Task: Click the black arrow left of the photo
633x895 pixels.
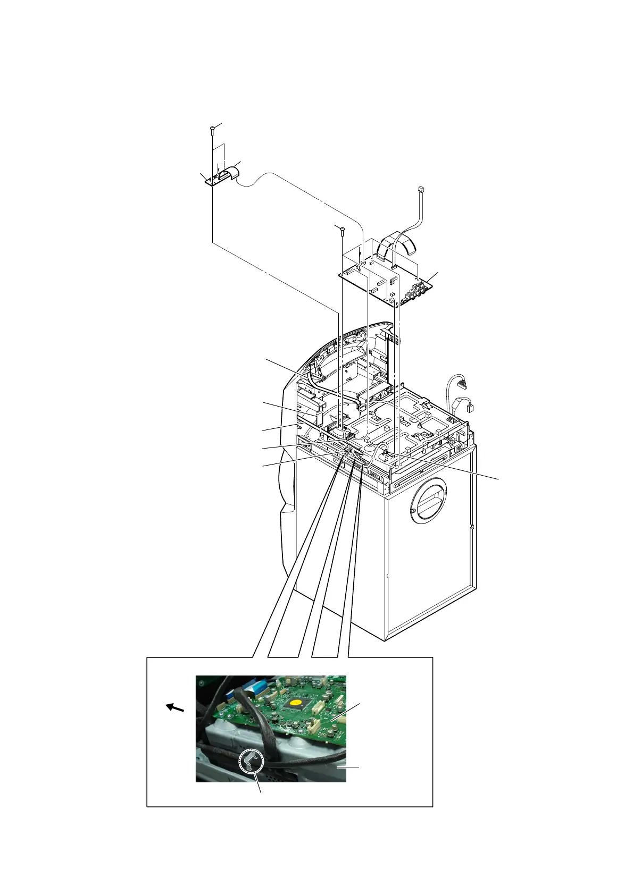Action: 175,707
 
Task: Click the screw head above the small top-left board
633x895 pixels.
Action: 212,127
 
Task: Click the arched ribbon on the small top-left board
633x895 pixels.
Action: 231,173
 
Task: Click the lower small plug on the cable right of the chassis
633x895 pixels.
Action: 469,408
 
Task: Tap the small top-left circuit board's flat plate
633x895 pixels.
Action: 213,181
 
